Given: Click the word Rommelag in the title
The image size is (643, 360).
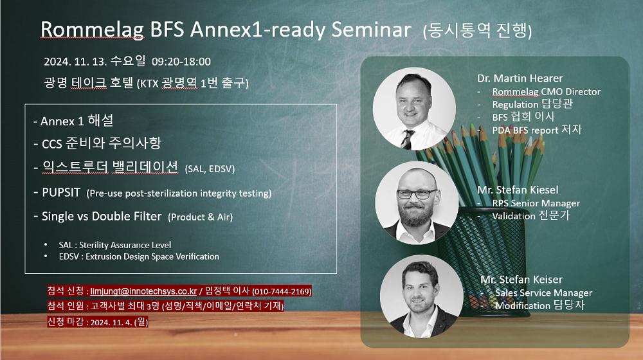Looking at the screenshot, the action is pyautogui.click(x=92, y=30).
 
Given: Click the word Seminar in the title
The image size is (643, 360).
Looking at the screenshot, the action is pyautogui.click(x=371, y=30).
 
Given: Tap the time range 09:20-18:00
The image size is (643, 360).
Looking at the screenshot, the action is pyautogui.click(x=181, y=62).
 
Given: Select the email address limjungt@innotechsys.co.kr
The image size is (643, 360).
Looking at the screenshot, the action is pyautogui.click(x=143, y=291).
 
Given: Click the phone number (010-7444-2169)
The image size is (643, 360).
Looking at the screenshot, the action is pyautogui.click(x=282, y=291).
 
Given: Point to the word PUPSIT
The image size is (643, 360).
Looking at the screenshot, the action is pyautogui.click(x=61, y=192).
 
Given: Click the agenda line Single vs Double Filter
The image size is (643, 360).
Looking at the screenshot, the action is pyautogui.click(x=102, y=216).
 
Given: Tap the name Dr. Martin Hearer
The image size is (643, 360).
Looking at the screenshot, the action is pyautogui.click(x=520, y=78).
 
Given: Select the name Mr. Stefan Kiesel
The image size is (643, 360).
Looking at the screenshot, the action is pyautogui.click(x=518, y=190).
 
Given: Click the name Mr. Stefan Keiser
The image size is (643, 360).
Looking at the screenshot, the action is pyautogui.click(x=521, y=280).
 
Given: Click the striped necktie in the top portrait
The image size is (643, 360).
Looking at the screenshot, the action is pyautogui.click(x=407, y=139).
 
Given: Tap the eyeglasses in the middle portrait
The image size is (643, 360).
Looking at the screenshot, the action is pyautogui.click(x=416, y=194).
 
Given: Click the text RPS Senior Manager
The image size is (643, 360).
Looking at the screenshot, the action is pyautogui.click(x=536, y=203).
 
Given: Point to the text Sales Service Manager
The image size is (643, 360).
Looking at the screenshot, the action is pyautogui.click(x=544, y=292).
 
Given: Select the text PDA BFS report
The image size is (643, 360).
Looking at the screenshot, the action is pyautogui.click(x=525, y=130).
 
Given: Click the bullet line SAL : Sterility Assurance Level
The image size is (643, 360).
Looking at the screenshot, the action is pyautogui.click(x=115, y=245).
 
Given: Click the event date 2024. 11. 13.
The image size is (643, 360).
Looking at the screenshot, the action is pyautogui.click(x=75, y=62).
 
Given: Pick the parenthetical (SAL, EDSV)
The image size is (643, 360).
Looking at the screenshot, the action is pyautogui.click(x=210, y=169).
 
